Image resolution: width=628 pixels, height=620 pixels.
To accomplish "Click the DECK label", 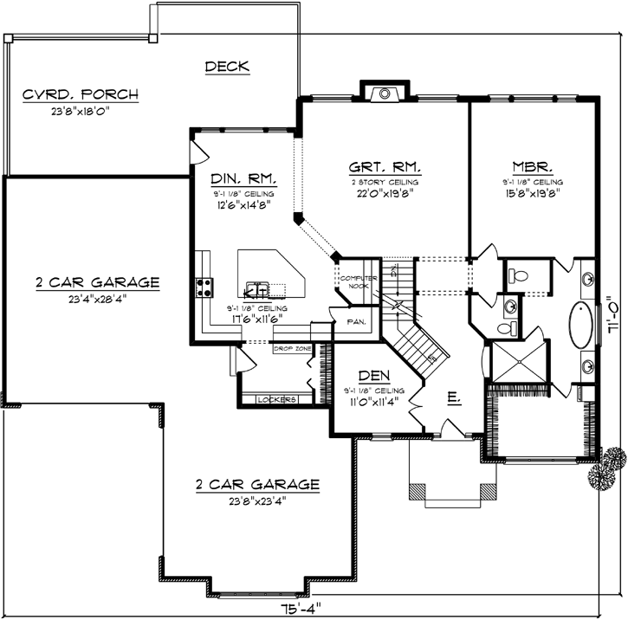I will click(x=227, y=66).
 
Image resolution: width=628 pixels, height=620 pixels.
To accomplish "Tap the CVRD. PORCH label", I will click(x=81, y=94).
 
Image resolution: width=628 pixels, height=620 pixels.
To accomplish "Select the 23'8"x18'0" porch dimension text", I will click(x=81, y=111).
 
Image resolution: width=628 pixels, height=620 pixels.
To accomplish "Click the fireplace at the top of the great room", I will click(x=383, y=93).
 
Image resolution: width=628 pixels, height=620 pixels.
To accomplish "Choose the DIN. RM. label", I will click(x=243, y=178).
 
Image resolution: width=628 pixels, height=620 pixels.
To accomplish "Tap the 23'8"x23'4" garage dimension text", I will click(x=256, y=501).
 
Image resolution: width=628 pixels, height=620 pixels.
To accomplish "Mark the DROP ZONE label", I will click(x=292, y=349).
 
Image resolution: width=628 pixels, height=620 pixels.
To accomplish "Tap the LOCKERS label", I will click(x=276, y=399).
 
